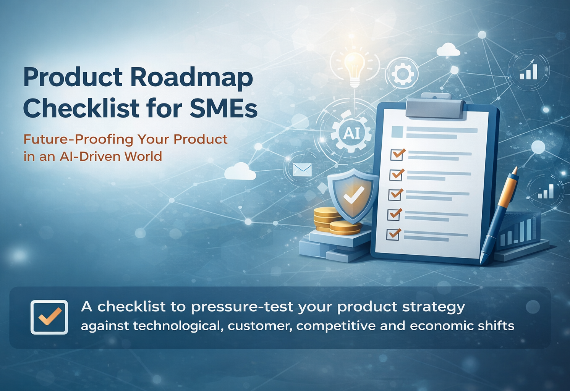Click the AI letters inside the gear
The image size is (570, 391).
coord(351,133)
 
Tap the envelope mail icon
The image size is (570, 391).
coord(302,170)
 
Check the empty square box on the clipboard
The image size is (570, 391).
coord(397,132)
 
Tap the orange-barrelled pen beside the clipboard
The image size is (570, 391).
coord(498,215)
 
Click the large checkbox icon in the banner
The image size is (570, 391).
coord(49,317)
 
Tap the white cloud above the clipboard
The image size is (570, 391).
coord(448,50)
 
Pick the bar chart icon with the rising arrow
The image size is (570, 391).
coord(528,69)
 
